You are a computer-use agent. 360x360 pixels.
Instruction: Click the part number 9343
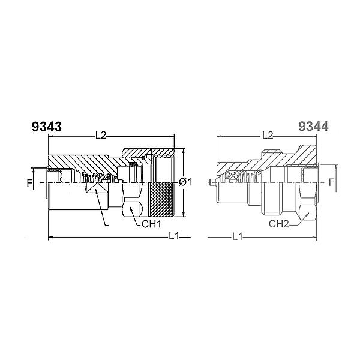(x=47, y=127)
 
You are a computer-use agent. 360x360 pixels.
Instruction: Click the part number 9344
(x=313, y=127)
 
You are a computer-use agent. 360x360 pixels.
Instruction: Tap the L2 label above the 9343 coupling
(x=101, y=136)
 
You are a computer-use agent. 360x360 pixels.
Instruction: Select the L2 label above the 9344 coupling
(x=268, y=136)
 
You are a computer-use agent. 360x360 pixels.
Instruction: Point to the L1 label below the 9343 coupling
(x=174, y=236)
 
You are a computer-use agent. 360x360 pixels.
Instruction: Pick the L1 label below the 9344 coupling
(x=238, y=236)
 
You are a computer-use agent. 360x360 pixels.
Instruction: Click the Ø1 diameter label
(x=185, y=182)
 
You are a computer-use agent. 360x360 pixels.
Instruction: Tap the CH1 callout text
(x=152, y=224)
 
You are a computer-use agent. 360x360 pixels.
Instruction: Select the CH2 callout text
(x=279, y=224)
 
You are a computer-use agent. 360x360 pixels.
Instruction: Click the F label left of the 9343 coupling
(x=29, y=184)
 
